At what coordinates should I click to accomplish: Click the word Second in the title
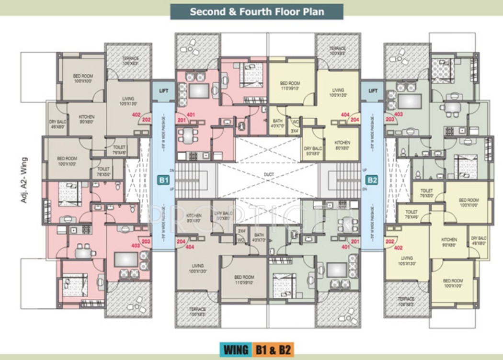[x=207, y=11]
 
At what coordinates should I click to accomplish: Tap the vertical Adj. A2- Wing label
[x=24, y=180]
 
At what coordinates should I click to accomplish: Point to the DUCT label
[x=268, y=175]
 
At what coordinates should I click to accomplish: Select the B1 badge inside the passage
[x=162, y=180]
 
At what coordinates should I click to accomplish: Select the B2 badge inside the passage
[x=372, y=180]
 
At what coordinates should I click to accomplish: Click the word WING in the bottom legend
[x=235, y=349]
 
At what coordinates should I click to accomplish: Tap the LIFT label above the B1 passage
[x=163, y=90]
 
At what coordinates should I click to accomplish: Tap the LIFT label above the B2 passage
[x=373, y=90]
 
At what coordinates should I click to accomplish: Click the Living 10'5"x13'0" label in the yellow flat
[x=406, y=261]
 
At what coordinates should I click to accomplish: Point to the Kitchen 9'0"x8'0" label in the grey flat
[x=87, y=120]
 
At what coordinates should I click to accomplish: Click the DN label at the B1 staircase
[x=172, y=169]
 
